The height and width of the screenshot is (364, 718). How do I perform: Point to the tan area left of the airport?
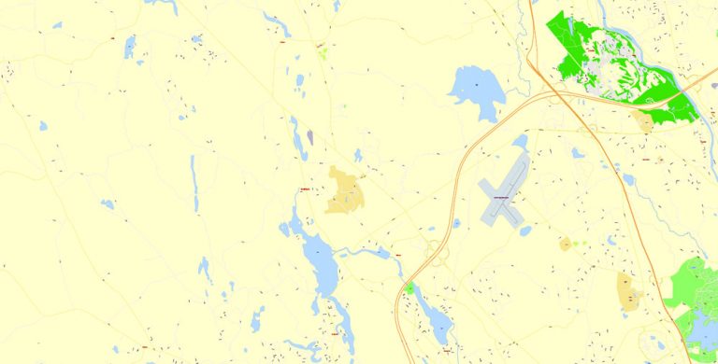coord(344,190)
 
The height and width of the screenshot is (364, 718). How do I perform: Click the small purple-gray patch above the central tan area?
coord(310,137)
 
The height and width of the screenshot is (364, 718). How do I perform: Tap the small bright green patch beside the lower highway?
coord(409,287)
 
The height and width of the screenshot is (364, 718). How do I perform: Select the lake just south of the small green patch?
coord(433,317)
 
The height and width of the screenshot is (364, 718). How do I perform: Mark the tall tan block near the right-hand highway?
coord(627,290)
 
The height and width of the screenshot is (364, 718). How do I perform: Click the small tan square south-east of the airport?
coord(566,245)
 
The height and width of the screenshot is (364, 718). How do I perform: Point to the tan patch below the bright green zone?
coord(644,121)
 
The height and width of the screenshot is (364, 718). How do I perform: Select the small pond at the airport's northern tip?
coord(521,143)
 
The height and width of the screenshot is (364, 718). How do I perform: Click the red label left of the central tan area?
coord(302,190)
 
